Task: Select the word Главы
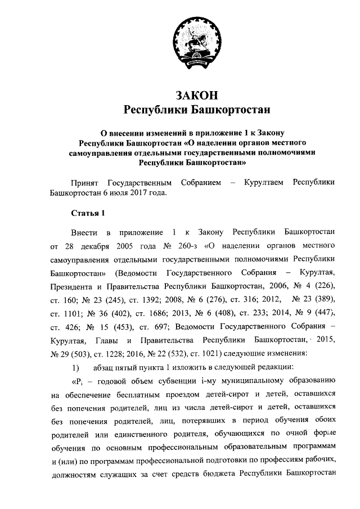pyautogui.click(x=105, y=340)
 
